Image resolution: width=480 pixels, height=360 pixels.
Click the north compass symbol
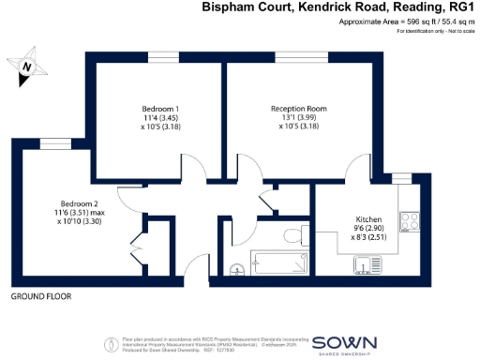29,67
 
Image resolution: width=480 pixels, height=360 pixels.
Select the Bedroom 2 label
79,203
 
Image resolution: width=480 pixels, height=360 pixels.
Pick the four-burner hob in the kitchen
409,221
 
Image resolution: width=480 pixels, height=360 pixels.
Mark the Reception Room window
290,58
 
